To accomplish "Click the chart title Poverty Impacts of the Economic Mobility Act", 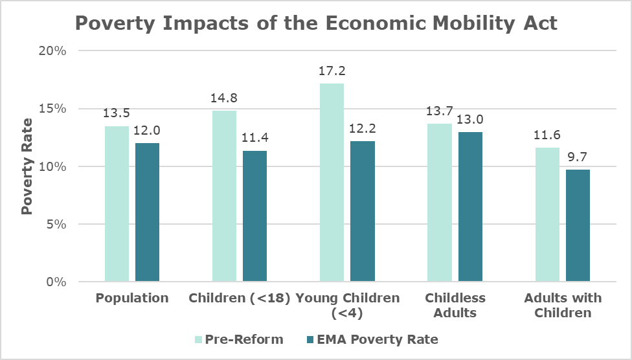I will [316, 23].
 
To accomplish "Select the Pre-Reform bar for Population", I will [117, 204].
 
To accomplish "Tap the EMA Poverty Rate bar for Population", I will [147, 212].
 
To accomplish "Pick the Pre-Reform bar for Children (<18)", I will [225, 196].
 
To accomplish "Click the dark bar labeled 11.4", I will [254, 216].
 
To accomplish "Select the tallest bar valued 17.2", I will [332, 183].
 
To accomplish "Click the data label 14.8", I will [225, 100].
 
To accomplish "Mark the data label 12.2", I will [363, 130].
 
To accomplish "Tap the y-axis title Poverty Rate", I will [27, 166].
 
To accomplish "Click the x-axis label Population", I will [132, 298].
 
